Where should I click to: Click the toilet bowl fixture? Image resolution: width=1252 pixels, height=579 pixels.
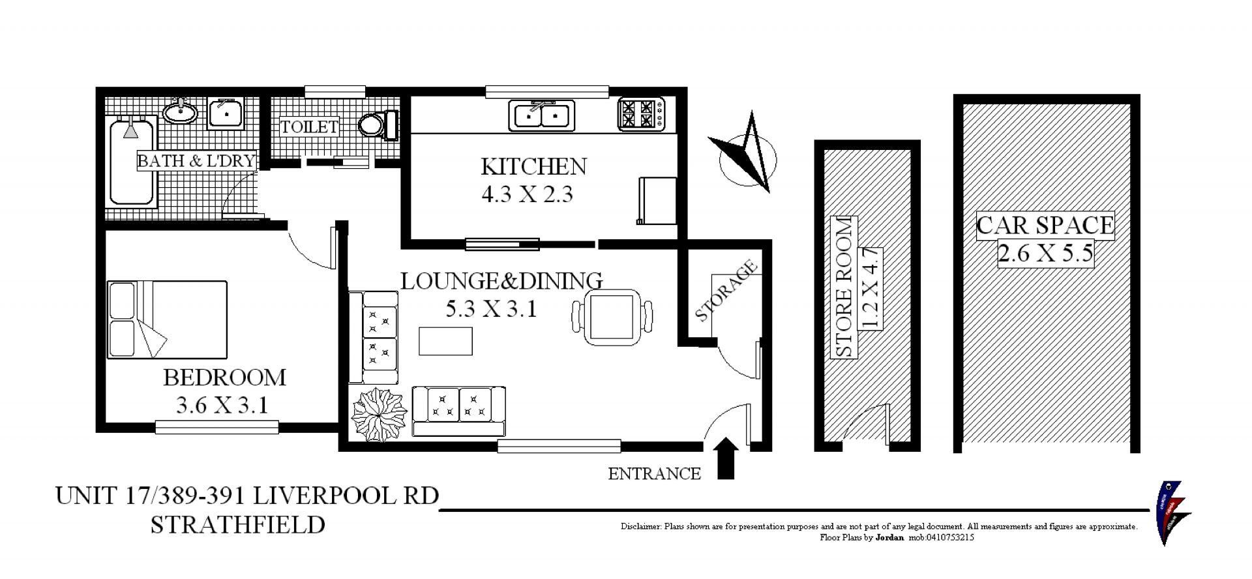click(x=379, y=125)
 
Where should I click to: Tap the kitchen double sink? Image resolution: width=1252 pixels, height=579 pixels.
click(x=541, y=115)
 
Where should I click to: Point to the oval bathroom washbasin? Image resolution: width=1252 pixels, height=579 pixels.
click(x=180, y=112)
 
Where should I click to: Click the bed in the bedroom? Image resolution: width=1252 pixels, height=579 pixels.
click(x=168, y=319)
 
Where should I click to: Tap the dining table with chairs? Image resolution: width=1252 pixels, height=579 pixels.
click(x=612, y=318)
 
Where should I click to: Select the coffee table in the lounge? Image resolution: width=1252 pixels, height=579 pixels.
click(x=445, y=341)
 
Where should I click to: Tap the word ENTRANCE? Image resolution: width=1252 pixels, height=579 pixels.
click(x=654, y=474)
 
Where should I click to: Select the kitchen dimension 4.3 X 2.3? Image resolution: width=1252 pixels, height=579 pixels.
click(x=527, y=194)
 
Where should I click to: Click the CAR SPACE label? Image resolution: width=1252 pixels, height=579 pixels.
click(x=1045, y=226)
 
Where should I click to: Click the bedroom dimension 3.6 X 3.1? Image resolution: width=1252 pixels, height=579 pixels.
click(x=222, y=406)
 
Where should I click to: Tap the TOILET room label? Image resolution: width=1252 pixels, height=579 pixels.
click(x=310, y=126)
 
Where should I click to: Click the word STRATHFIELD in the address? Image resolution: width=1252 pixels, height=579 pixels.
click(x=238, y=525)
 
